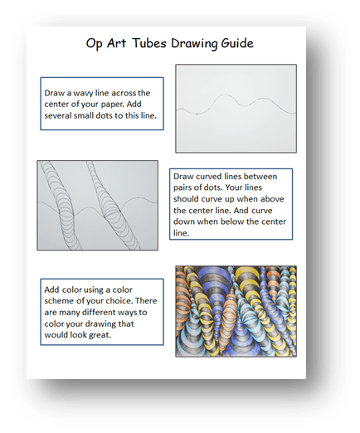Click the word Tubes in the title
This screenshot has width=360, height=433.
click(x=149, y=43)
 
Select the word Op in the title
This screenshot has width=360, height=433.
click(x=95, y=44)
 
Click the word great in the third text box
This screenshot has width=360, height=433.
click(x=100, y=335)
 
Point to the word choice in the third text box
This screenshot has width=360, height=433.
click(x=121, y=301)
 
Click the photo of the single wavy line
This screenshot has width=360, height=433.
click(x=236, y=109)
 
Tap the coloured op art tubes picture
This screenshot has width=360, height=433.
click(x=236, y=311)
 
